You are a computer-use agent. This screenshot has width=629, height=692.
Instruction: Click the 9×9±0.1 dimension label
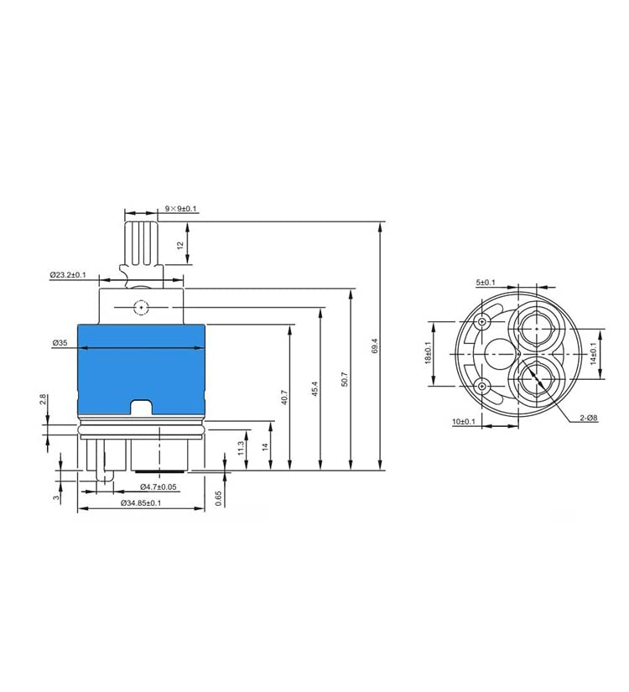click(180, 208)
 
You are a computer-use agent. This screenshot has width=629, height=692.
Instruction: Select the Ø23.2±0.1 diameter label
click(68, 275)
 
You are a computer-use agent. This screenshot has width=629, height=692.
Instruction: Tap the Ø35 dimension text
click(60, 342)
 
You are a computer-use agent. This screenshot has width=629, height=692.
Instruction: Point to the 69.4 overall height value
click(375, 346)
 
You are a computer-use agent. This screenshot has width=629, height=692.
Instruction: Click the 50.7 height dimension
click(345, 379)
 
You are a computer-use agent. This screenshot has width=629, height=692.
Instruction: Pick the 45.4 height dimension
click(314, 389)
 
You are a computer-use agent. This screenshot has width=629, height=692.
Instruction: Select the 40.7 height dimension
click(284, 398)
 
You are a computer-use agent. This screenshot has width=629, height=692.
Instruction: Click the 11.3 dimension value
click(241, 448)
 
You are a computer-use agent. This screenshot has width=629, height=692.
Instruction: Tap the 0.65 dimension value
click(219, 499)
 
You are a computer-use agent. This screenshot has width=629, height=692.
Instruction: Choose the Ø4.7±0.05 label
click(159, 486)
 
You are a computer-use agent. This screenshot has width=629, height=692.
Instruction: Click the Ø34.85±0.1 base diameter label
click(141, 502)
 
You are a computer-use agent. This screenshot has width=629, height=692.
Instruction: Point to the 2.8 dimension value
click(43, 400)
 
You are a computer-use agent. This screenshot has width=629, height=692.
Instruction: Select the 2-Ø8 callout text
click(589, 418)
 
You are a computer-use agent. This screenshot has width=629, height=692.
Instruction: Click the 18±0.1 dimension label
click(429, 353)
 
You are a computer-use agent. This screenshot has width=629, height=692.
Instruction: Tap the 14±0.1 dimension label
click(593, 353)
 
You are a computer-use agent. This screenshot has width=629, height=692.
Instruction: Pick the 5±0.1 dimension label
click(486, 283)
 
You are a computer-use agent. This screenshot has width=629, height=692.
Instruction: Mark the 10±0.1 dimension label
click(464, 422)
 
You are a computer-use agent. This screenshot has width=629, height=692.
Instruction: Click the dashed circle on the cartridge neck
click(141, 307)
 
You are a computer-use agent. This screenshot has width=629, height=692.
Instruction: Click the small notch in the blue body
click(141, 407)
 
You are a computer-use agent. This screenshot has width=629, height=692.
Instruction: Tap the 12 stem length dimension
click(180, 244)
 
